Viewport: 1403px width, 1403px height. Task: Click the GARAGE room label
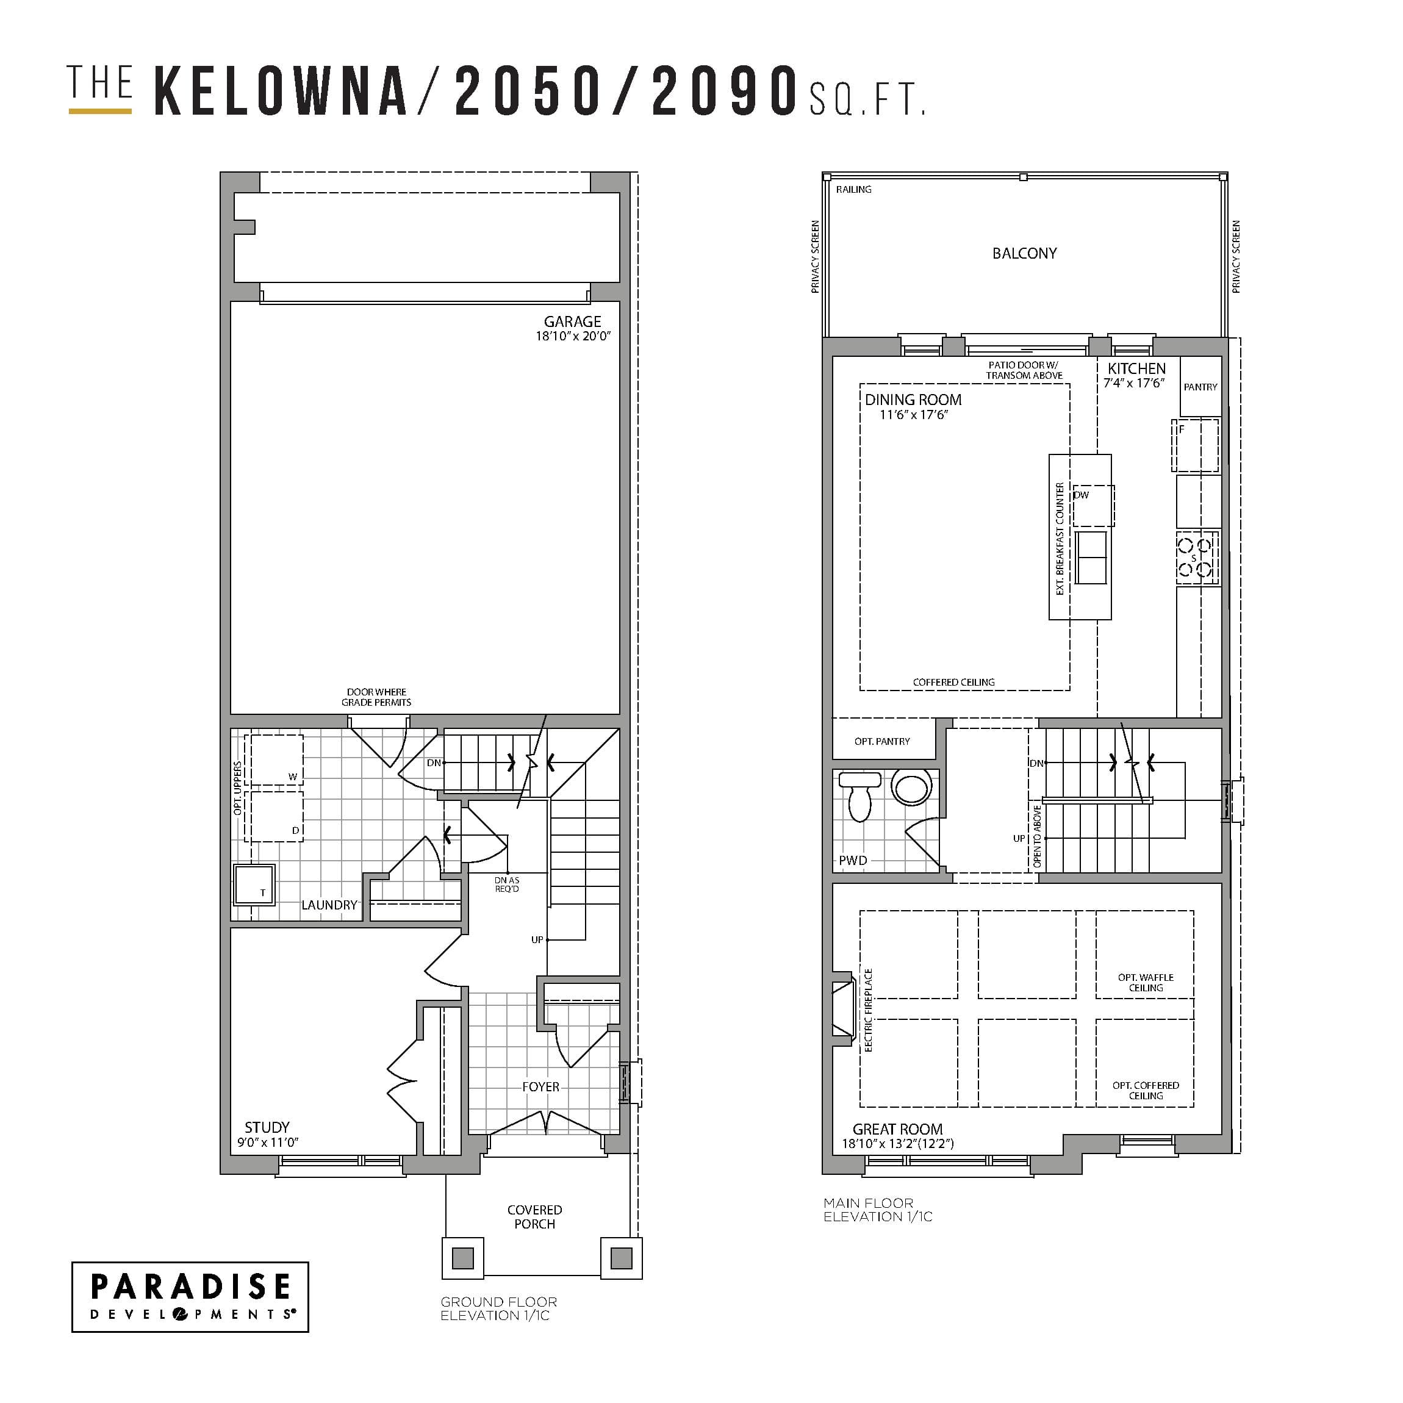[572, 321]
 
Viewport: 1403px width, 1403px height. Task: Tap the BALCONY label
[1024, 253]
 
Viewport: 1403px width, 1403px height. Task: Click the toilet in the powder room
[860, 795]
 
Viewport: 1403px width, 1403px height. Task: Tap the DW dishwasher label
[1082, 495]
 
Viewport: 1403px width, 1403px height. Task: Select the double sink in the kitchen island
[1091, 558]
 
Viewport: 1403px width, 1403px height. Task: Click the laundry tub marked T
[254, 884]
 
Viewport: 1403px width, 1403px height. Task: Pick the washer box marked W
[274, 760]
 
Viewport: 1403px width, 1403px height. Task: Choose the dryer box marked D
[274, 816]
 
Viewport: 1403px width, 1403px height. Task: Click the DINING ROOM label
[913, 400]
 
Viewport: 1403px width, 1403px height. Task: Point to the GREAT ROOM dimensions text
[897, 1144]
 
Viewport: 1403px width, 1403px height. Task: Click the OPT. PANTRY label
[881, 741]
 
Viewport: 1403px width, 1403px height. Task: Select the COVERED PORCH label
[534, 1217]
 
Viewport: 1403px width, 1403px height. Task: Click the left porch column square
[462, 1258]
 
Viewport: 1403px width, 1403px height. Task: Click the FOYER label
[540, 1087]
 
